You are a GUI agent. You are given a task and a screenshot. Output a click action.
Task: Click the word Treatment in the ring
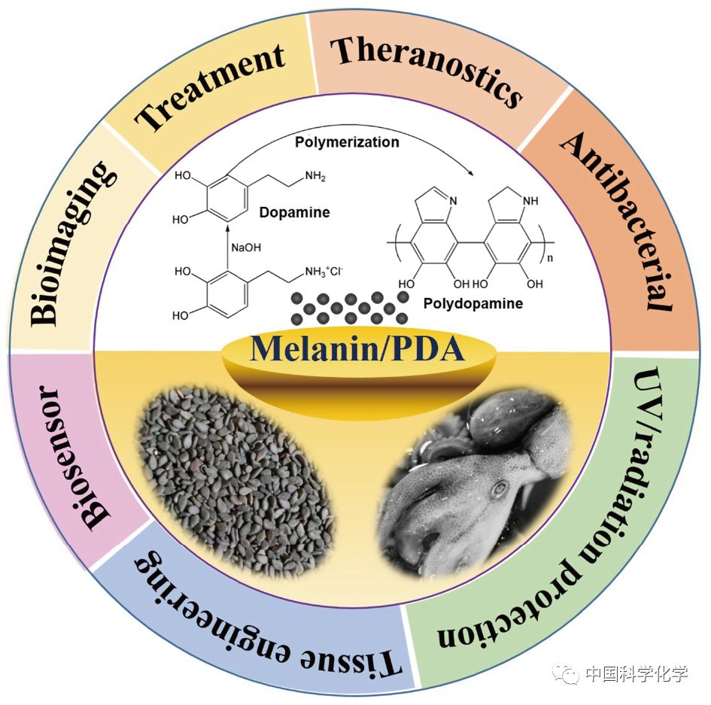pyautogui.click(x=210, y=86)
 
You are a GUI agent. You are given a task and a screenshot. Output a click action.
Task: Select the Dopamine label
pyautogui.click(x=294, y=212)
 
